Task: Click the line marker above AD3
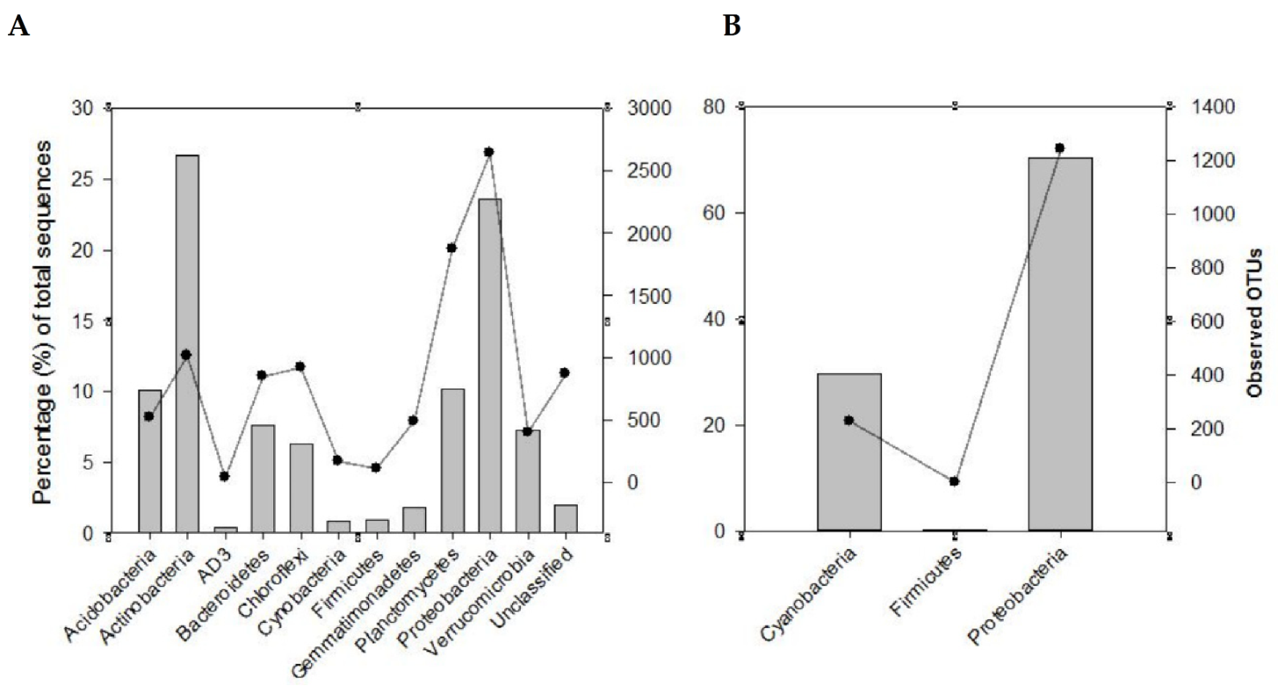[225, 477]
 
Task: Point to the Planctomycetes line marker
[452, 248]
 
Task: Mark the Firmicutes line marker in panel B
[954, 482]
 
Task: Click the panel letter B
[731, 27]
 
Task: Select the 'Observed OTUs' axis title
[1255, 322]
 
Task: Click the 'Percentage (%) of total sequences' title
[43, 322]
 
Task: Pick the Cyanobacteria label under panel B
[809, 596]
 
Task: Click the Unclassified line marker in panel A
[564, 373]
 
